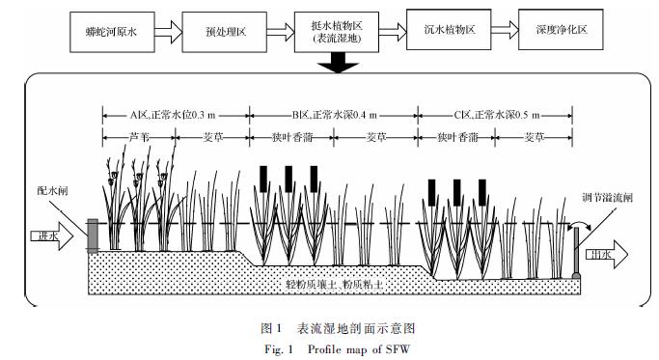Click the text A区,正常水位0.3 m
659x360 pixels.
tap(174, 115)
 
